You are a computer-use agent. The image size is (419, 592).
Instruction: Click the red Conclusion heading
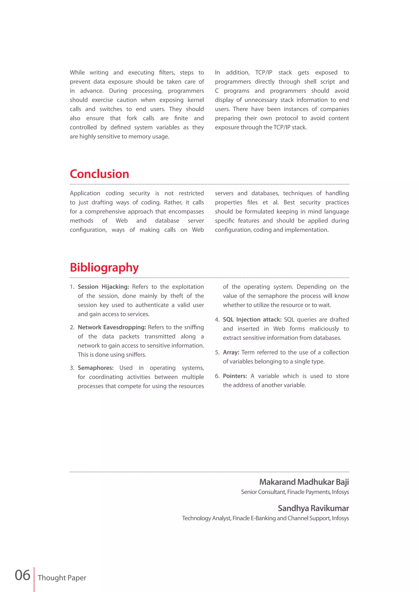tap(99, 174)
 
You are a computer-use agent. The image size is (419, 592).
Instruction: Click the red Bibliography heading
tap(104, 267)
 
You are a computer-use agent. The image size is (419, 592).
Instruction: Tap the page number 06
tap(23, 575)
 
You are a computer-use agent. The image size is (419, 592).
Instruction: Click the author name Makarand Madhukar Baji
tap(304, 482)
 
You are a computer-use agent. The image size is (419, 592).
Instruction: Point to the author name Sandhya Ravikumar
tap(313, 508)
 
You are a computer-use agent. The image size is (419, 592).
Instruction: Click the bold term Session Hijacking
tap(103, 287)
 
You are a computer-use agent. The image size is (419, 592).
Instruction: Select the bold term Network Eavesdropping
tap(112, 327)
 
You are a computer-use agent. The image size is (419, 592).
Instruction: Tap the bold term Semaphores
tap(96, 368)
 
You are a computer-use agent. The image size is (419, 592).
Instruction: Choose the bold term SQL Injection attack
tap(252, 320)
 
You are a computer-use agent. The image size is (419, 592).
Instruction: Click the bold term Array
tap(231, 352)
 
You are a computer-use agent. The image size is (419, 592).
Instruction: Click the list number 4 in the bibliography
tap(217, 320)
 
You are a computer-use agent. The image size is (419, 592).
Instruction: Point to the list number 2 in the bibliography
tap(72, 327)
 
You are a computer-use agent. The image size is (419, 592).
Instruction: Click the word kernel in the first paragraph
tap(196, 100)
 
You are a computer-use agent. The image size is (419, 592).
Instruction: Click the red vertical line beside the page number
tap(34, 579)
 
